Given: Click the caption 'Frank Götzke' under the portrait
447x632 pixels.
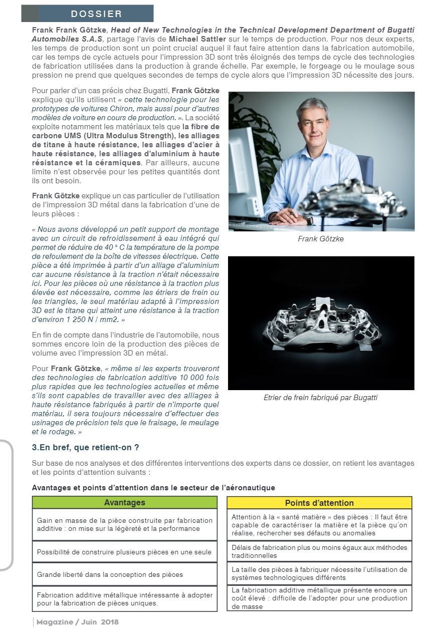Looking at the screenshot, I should coord(321,239).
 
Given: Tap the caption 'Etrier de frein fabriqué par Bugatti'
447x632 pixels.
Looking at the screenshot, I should coord(321,398).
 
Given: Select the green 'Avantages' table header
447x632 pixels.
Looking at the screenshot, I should coord(124,502).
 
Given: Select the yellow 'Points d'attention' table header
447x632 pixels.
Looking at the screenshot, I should coord(319,503).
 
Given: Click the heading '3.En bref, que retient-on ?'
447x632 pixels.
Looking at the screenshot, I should coord(86,447).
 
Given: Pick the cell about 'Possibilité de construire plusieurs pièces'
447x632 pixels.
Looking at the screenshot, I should coord(124,552).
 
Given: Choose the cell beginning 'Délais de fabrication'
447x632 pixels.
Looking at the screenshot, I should coord(319,551).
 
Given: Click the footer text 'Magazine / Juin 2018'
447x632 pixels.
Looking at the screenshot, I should coord(78,622).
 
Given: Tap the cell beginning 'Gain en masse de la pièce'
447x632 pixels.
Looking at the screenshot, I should coord(124,524).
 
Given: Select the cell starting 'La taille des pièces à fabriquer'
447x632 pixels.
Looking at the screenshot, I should coord(319,573).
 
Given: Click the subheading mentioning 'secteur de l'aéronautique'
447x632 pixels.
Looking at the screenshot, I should coord(153,487).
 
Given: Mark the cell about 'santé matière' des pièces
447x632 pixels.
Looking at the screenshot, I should coord(319,525).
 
